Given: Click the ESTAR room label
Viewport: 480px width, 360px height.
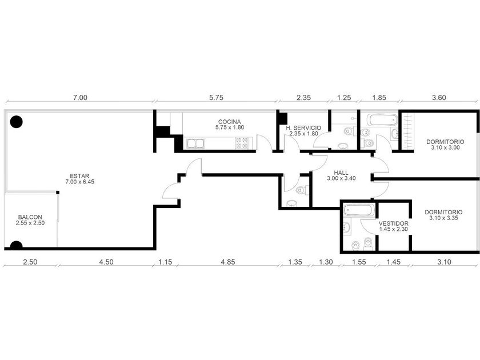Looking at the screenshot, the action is [x=79, y=176].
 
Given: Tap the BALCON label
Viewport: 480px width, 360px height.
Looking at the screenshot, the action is [x=30, y=217].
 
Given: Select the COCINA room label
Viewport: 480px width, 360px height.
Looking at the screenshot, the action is [x=230, y=122].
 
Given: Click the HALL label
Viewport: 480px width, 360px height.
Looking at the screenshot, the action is [x=341, y=173].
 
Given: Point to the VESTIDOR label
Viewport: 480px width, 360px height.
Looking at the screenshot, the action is [x=393, y=223].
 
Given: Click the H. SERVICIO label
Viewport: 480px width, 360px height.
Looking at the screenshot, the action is [x=303, y=128].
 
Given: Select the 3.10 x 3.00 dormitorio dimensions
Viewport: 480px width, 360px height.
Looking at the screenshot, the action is [x=445, y=147].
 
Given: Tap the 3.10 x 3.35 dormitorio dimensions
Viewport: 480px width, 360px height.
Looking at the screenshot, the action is [x=443, y=218].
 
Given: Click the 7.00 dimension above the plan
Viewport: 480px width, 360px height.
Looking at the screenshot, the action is [x=80, y=98].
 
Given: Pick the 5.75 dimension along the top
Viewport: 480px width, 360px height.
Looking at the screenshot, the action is [x=216, y=98].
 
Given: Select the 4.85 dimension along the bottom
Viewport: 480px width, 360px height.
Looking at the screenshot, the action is [x=228, y=262].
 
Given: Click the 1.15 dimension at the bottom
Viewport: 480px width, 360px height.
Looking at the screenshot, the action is [x=165, y=262].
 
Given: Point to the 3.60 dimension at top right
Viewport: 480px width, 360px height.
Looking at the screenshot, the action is [x=439, y=98].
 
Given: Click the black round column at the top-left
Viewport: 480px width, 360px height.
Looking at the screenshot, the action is [x=16, y=122].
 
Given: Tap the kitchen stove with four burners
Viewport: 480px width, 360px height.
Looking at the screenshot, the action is [x=241, y=143].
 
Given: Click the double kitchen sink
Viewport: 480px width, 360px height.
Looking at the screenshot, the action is [x=195, y=143].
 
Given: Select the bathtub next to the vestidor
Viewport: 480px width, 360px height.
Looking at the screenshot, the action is [x=358, y=210].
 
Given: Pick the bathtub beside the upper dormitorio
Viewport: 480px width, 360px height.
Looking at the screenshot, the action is [x=382, y=120].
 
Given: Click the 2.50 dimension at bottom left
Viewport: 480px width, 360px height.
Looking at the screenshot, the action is [x=30, y=262].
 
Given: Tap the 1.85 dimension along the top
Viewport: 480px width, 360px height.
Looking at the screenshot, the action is [x=379, y=98].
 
